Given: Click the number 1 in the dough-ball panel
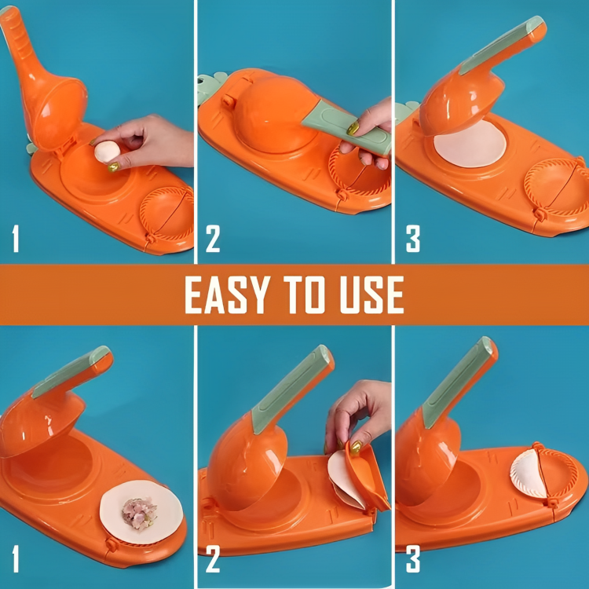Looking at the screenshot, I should click(x=16, y=240).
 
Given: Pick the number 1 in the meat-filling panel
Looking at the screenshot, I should click(x=16, y=561).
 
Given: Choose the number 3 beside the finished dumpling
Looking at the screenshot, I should click(x=412, y=561).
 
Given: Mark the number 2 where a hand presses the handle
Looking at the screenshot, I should click(x=213, y=240).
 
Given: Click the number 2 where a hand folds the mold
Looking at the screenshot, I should click(x=213, y=561).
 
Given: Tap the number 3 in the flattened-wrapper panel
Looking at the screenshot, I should click(x=412, y=240).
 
